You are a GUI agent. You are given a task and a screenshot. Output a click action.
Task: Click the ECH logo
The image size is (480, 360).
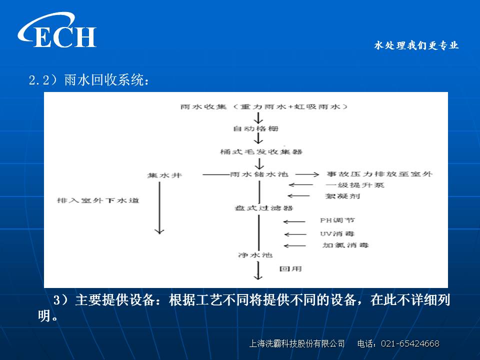pyautogui.click(x=57, y=30)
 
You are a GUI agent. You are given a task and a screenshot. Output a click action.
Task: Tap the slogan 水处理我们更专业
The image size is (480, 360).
pyautogui.click(x=416, y=45)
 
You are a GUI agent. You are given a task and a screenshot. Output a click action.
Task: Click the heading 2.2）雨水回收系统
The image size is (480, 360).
pyautogui.click(x=89, y=80)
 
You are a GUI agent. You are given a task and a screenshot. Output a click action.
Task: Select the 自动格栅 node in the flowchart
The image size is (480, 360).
pyautogui.click(x=255, y=128)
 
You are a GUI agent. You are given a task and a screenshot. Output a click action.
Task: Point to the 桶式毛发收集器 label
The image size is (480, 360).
pyautogui.click(x=261, y=151)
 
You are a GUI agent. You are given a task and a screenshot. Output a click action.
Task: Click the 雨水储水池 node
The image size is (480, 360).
pyautogui.click(x=259, y=174)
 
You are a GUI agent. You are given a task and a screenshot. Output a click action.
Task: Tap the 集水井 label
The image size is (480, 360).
pyautogui.click(x=164, y=175)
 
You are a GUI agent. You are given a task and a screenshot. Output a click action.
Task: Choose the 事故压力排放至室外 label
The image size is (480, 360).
pyautogui.click(x=379, y=174)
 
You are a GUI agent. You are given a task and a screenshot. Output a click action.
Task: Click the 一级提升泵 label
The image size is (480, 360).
pyautogui.click(x=355, y=185)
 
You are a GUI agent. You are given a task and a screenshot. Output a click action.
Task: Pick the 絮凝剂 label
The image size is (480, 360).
pyautogui.click(x=342, y=196)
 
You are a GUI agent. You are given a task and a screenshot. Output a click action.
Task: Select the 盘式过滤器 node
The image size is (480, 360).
pyautogui.click(x=264, y=208)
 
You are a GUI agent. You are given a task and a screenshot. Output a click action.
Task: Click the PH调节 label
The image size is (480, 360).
pyautogui.click(x=337, y=220)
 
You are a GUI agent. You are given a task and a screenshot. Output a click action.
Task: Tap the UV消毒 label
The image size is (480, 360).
pyautogui.click(x=337, y=234)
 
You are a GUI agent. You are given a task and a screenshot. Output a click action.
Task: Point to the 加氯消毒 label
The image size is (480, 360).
pyautogui.click(x=345, y=245)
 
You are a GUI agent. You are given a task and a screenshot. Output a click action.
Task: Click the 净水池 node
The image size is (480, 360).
pyautogui.click(x=255, y=255)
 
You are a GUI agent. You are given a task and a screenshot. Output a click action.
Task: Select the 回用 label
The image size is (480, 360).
pyautogui.click(x=290, y=269)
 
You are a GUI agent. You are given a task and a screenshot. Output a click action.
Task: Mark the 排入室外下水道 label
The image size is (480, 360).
pyautogui.click(x=98, y=200)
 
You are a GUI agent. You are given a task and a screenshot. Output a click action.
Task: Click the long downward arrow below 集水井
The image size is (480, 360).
pyautogui.click(x=159, y=208)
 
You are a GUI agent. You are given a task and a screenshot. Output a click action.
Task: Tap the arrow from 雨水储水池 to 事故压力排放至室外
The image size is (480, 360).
pyautogui.click(x=307, y=174)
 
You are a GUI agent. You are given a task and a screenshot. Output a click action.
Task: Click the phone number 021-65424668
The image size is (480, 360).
pyautogui.click(x=410, y=343)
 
